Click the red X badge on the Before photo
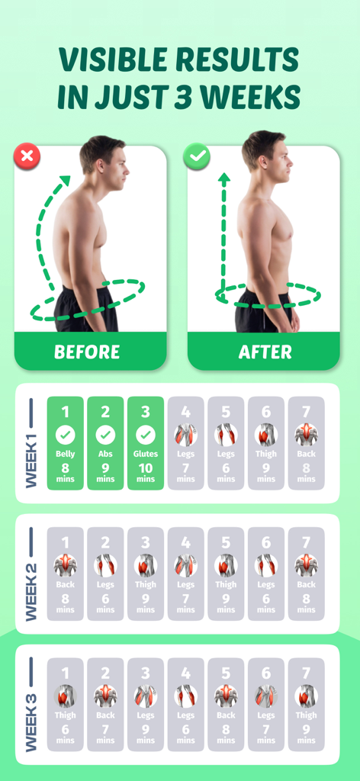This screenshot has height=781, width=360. pos(27,158)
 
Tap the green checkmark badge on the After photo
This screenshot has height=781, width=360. pos(198,158)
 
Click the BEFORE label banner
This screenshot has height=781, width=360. pos(87,352)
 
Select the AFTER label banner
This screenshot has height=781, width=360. pos(265,352)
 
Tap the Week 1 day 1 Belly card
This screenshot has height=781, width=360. pos(66,443)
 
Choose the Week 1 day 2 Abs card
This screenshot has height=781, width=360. pos(105,443)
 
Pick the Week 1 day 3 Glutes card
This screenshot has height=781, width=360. pos(146,443)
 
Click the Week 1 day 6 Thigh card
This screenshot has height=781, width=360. pos(266,443)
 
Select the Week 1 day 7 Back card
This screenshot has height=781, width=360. pos(306,443)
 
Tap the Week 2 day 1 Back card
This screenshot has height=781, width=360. pos(66,574)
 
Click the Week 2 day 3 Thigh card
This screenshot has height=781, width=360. pos(146,574)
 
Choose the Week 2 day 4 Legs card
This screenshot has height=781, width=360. pos(185,574)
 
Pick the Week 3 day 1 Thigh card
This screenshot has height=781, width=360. pos(66,705)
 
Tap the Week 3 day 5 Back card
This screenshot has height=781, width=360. pos(226,705)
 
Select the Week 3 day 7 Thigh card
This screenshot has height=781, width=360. pos(306,705)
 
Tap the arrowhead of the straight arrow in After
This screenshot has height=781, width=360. pos(224,179)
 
